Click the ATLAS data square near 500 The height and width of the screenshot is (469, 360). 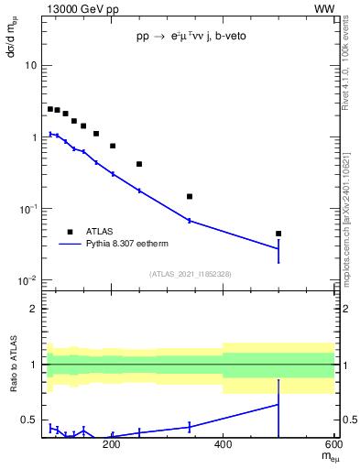point(278,234)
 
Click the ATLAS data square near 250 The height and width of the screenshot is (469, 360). point(139,164)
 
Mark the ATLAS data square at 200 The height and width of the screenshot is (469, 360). point(112,146)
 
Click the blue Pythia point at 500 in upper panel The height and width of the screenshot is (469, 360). point(278,248)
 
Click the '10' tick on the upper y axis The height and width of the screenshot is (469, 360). point(31,66)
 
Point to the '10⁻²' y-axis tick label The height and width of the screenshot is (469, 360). point(27,280)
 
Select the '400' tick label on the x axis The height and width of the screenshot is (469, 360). point(223,446)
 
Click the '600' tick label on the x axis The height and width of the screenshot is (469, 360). point(333,446)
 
